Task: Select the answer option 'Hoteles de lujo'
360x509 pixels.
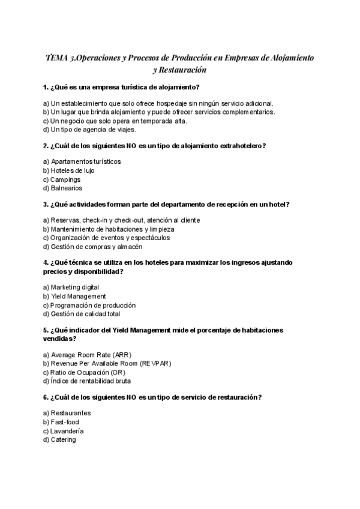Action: (x=69, y=170)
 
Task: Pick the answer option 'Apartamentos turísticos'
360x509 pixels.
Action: (x=82, y=161)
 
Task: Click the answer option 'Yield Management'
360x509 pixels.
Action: (x=75, y=296)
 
